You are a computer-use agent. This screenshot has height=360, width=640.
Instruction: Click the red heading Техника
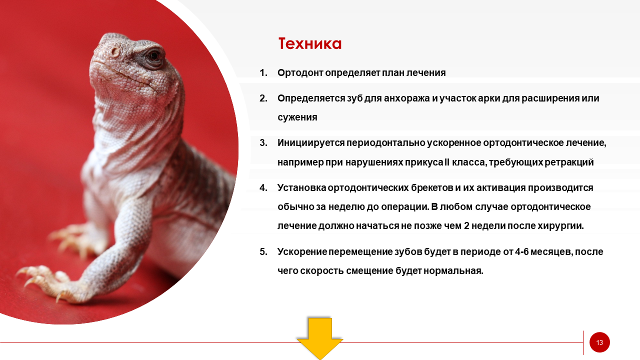(x=310, y=43)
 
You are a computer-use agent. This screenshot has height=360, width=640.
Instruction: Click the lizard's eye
(x=154, y=55)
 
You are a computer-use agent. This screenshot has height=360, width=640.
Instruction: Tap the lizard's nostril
(x=115, y=52)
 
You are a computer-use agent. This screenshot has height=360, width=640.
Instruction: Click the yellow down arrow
(x=320, y=338)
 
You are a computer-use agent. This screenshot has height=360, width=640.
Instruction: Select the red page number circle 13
(x=599, y=342)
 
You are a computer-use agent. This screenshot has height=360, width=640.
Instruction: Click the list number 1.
(x=263, y=73)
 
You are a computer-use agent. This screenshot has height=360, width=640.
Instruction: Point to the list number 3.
(x=263, y=142)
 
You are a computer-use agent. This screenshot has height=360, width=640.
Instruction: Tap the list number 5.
(x=263, y=251)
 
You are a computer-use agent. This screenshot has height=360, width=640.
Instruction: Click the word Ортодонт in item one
(x=300, y=73)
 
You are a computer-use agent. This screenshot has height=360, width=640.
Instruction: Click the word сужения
(x=297, y=117)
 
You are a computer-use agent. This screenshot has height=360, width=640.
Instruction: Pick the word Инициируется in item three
(x=311, y=143)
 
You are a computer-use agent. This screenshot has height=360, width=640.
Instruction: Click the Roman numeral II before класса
(x=447, y=162)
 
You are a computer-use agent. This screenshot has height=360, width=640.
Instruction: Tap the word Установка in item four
(x=301, y=187)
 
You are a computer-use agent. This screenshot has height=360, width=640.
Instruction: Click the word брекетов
(x=431, y=187)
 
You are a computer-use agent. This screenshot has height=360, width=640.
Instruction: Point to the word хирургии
(x=560, y=226)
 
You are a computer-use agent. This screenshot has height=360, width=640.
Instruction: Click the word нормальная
(x=453, y=271)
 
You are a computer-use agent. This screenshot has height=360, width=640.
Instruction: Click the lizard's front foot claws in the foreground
(x=40, y=280)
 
